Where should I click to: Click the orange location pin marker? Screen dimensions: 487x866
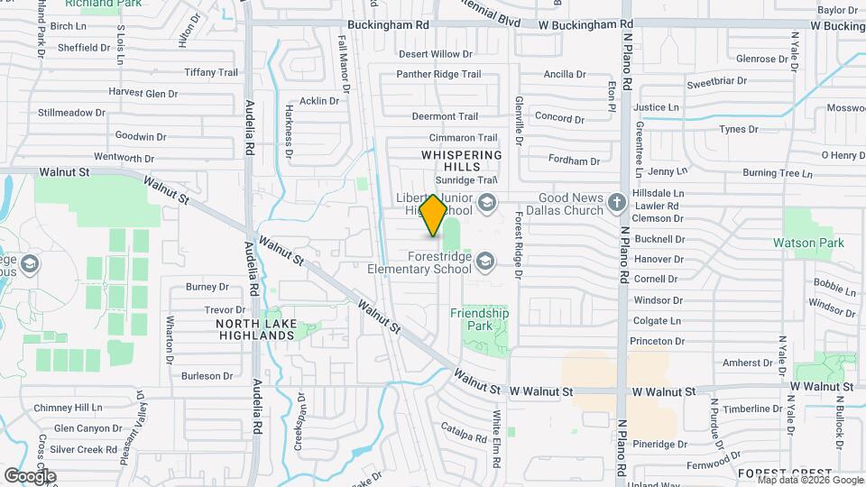(433, 216)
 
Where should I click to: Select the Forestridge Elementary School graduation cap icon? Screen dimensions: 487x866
(486, 261)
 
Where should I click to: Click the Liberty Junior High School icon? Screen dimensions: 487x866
(487, 202)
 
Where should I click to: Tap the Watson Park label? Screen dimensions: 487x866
(808, 243)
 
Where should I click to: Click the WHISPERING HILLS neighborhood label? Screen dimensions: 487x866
(461, 161)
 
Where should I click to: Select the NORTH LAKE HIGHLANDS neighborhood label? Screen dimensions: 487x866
(255, 329)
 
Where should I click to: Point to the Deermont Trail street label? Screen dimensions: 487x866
(445, 116)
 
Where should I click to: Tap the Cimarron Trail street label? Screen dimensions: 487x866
(463, 138)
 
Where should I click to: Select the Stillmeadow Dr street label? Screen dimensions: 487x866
(71, 114)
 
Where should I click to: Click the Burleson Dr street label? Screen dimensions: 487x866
(207, 375)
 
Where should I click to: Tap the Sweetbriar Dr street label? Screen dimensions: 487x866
(716, 82)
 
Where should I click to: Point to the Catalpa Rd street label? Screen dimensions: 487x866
(464, 436)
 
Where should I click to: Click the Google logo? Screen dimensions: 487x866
(30, 475)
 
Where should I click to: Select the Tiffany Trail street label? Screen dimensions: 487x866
(210, 72)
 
